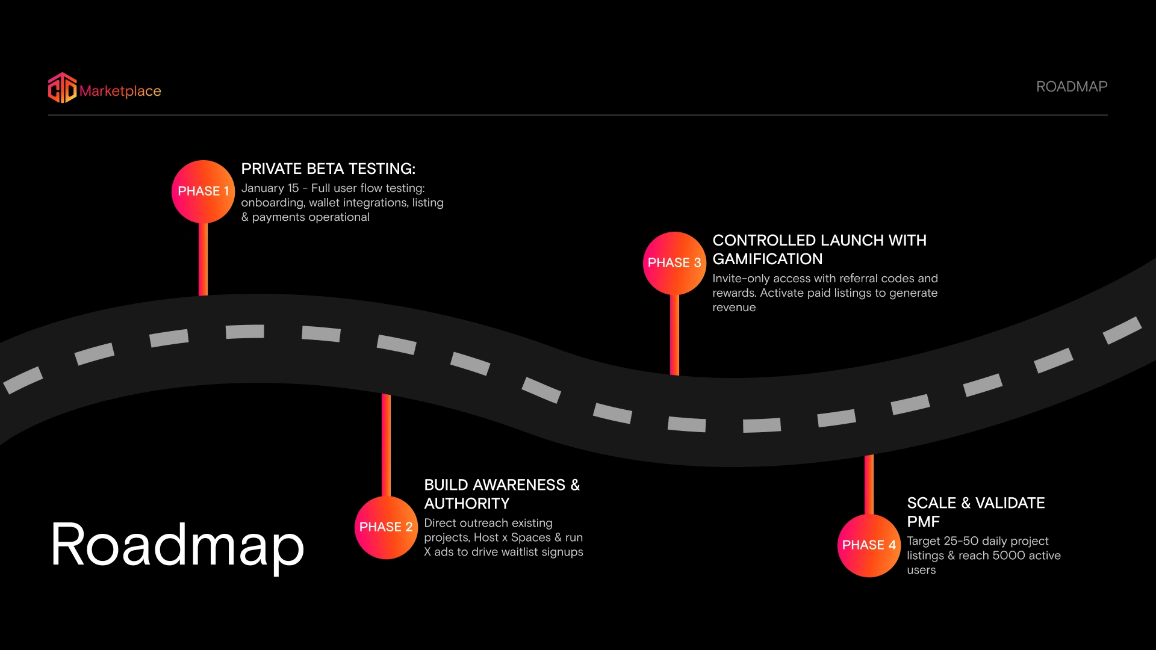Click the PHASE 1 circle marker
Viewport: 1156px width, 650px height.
pos(203,191)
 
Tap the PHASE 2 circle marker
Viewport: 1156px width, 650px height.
pos(386,527)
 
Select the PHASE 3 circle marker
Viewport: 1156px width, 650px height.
pos(674,263)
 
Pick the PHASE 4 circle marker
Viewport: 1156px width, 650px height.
pos(869,545)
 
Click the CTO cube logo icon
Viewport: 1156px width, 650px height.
pos(63,88)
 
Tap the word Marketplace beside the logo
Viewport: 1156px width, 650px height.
pos(120,91)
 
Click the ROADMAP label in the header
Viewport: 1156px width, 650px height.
pos(1071,87)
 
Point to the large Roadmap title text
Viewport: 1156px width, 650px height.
pos(177,545)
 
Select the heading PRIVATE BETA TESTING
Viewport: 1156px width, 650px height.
pos(328,169)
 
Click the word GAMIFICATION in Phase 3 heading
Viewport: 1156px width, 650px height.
pos(767,259)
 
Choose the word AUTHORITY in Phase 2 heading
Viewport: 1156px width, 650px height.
pos(467,503)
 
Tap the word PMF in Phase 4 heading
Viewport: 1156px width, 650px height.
pos(923,521)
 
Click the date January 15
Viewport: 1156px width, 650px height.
pos(270,188)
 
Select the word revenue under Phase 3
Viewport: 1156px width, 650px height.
pos(734,308)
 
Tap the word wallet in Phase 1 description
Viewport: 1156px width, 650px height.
pos(326,203)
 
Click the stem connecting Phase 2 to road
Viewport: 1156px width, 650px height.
pos(386,445)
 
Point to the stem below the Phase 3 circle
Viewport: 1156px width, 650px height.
pos(674,334)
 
